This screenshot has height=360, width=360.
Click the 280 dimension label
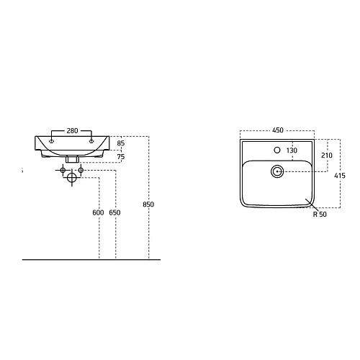tap(72, 131)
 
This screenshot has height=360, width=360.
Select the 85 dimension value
tap(121, 143)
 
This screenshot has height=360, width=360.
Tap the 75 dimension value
tap(121, 157)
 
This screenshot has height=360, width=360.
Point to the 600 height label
tap(98, 212)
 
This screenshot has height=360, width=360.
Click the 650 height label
tap(114, 212)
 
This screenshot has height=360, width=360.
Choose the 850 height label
tap(148, 204)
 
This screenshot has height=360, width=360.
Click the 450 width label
tap(278, 130)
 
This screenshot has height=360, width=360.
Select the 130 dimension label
tap(292, 150)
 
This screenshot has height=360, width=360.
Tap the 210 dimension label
tap(327, 156)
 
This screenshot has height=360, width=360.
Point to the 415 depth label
tap(340, 176)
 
